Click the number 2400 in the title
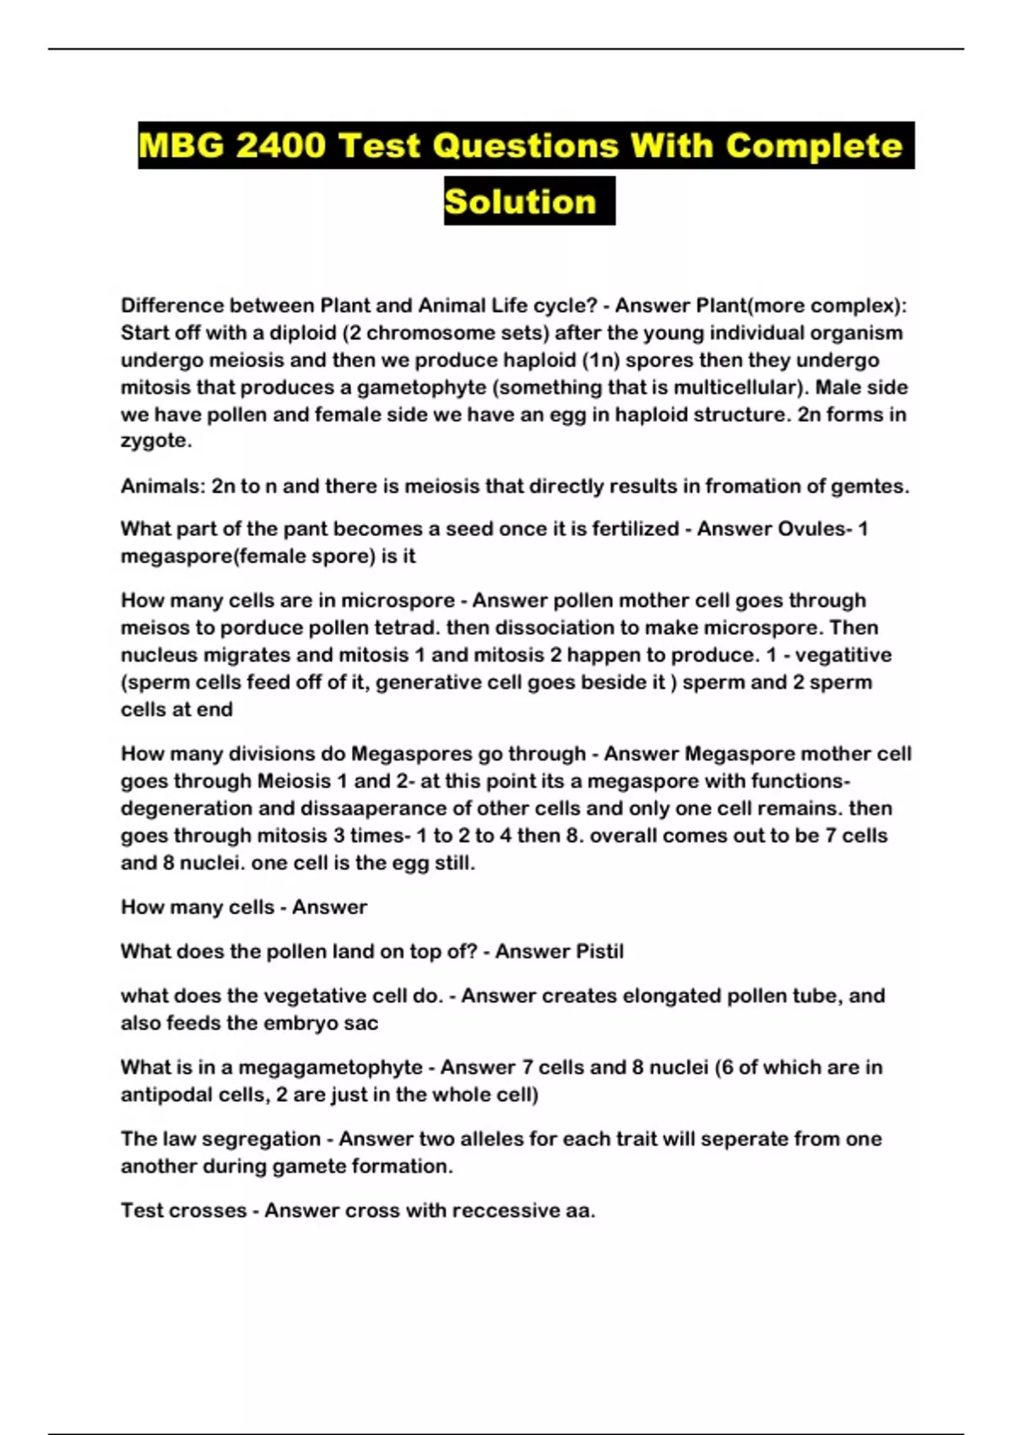280,146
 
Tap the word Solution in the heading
520,202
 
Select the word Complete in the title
814,146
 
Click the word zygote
155,441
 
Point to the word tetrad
409,628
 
